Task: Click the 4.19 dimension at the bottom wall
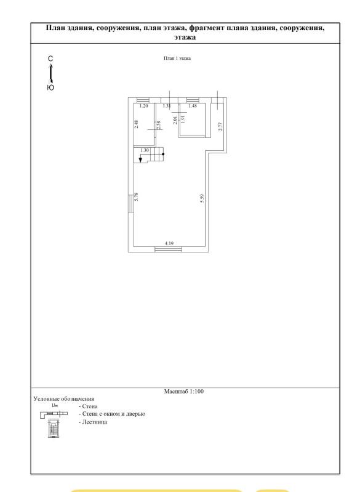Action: [169, 243]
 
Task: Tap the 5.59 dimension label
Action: [202, 198]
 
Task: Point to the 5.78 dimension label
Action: [136, 196]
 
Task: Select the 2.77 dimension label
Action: [220, 126]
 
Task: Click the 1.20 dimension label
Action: [143, 106]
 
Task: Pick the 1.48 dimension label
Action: [193, 106]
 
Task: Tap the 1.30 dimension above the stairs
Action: [145, 150]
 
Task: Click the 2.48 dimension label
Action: [136, 124]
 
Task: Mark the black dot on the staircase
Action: [163, 154]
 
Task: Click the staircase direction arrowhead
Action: [140, 160]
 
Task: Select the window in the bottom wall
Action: [169, 249]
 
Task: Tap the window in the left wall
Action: [130, 203]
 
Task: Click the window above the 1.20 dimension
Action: [143, 100]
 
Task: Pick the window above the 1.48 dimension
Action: [191, 100]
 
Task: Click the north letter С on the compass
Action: [50, 58]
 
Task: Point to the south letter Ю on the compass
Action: [50, 87]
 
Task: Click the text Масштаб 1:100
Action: [184, 391]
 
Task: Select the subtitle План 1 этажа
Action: [177, 58]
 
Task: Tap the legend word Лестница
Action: [94, 422]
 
